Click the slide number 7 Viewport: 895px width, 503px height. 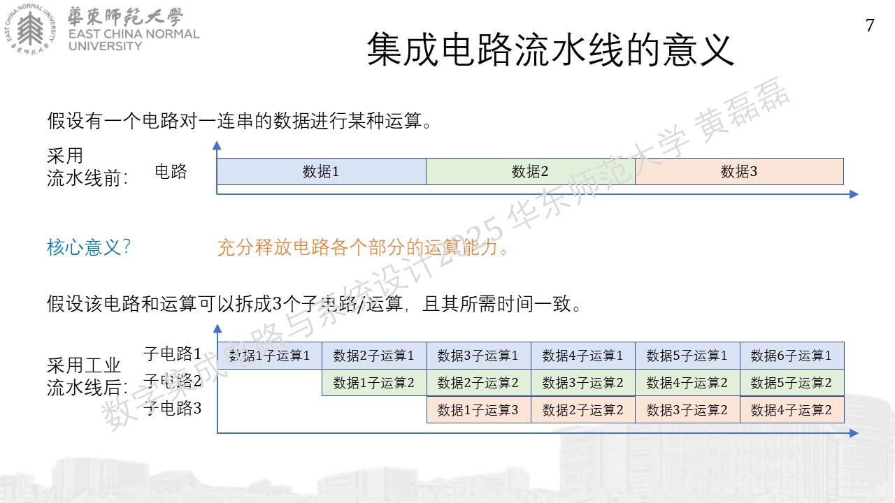(870, 25)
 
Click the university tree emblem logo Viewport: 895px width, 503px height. (30, 29)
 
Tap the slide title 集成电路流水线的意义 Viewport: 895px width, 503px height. (550, 50)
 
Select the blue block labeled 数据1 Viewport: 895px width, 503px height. (321, 171)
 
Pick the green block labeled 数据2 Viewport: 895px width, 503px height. (531, 171)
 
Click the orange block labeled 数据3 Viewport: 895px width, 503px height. (739, 171)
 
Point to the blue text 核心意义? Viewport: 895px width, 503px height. (89, 247)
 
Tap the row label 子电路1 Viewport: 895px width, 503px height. (172, 353)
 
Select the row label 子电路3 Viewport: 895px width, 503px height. (172, 408)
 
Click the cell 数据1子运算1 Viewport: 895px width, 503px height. (270, 356)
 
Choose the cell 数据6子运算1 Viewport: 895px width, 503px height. (792, 356)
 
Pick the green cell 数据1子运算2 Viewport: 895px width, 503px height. (374, 382)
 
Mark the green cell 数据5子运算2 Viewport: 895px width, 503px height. (792, 382)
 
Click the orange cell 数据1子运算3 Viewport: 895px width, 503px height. (479, 409)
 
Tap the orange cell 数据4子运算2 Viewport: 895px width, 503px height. (792, 409)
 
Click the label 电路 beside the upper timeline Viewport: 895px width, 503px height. (171, 171)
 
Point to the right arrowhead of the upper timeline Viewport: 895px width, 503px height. (854, 194)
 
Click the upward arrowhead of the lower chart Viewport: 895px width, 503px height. (217, 328)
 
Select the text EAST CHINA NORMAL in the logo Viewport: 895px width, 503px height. (134, 34)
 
